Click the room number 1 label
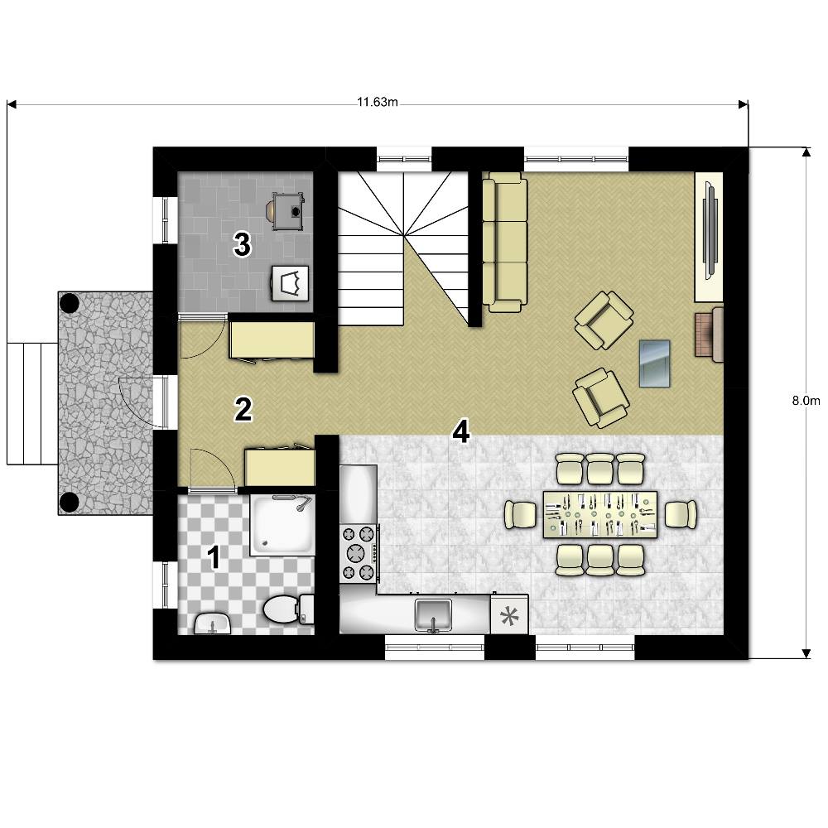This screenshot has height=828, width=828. [x=214, y=557]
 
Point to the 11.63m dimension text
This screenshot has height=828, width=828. [x=377, y=102]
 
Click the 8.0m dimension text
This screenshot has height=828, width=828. [x=806, y=400]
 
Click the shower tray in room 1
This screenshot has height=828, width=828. [x=282, y=524]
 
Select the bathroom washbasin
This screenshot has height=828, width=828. [x=212, y=623]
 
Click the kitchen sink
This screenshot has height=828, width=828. [x=433, y=614]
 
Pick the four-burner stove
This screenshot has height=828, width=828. [x=359, y=553]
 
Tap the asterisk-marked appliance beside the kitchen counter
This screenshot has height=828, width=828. [x=509, y=614]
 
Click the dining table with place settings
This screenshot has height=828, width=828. [x=600, y=514]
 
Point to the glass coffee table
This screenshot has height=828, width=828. [x=654, y=363]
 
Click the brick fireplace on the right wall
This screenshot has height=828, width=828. [x=709, y=335]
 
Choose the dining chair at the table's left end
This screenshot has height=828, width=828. [x=520, y=514]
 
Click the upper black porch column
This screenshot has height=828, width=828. [x=70, y=303]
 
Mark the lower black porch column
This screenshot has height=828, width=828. [x=70, y=503]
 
